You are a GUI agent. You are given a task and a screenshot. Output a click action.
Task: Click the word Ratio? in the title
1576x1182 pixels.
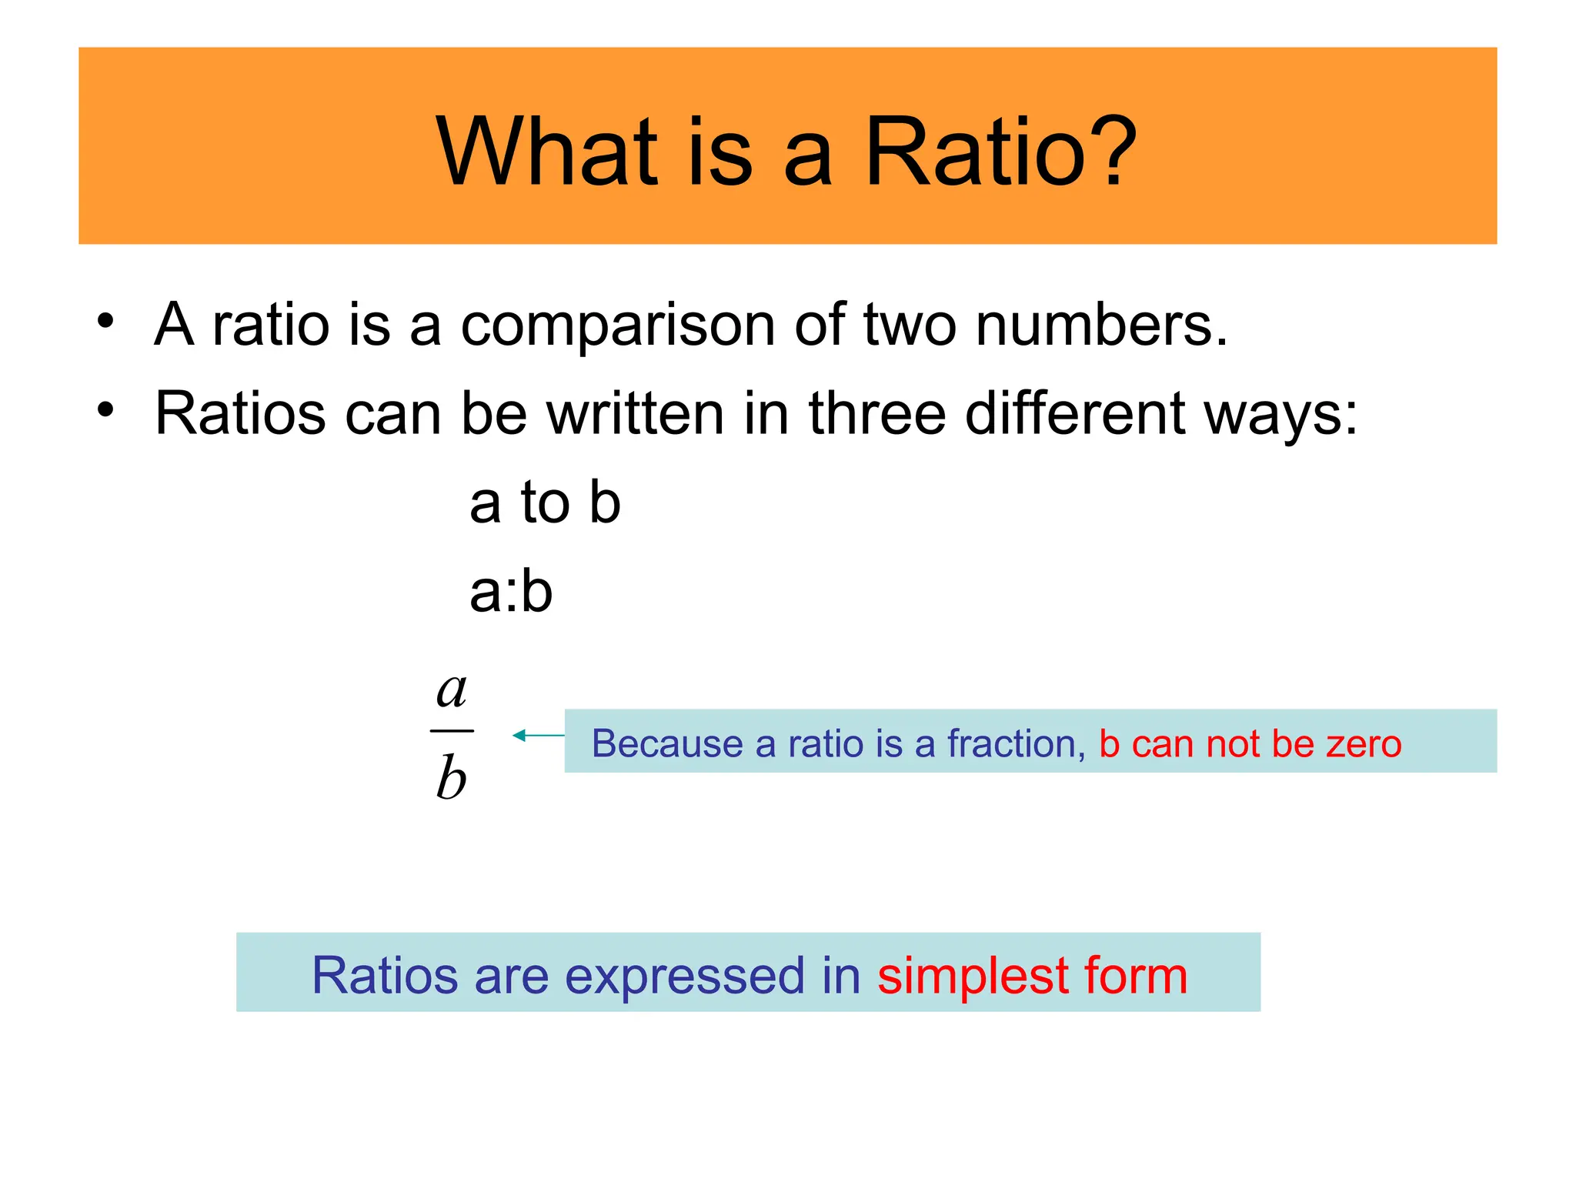pyautogui.click(x=1000, y=152)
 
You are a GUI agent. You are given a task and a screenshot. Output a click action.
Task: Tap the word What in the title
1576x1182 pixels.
pyautogui.click(x=547, y=152)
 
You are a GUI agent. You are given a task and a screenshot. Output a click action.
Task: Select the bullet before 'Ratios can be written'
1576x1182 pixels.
pyautogui.click(x=105, y=409)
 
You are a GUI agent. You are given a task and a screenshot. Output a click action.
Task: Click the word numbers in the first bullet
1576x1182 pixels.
pyautogui.click(x=1100, y=325)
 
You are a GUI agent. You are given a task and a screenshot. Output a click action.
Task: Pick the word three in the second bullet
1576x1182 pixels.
pyautogui.click(x=876, y=414)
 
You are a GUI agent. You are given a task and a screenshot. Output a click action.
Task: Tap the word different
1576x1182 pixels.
pyautogui.click(x=1074, y=414)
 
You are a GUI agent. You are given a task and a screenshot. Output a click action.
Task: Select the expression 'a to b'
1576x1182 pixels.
pyautogui.click(x=545, y=503)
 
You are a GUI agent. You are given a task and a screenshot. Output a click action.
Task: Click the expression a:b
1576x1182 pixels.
pyautogui.click(x=511, y=593)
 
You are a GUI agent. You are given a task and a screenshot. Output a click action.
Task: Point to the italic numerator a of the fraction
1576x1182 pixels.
pyautogui.click(x=452, y=690)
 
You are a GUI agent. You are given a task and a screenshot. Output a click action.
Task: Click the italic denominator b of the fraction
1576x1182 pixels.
pyautogui.click(x=452, y=777)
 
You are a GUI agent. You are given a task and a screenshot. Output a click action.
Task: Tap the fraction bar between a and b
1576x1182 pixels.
pyautogui.click(x=452, y=731)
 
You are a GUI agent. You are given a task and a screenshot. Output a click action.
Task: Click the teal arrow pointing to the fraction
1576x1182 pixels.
pyautogui.click(x=538, y=736)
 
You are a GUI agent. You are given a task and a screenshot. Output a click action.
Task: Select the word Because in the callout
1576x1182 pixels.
pyautogui.click(x=667, y=744)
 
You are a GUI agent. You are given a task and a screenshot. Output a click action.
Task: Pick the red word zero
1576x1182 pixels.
pyautogui.click(x=1364, y=744)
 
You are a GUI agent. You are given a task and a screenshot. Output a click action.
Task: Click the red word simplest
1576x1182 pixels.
pyautogui.click(x=972, y=977)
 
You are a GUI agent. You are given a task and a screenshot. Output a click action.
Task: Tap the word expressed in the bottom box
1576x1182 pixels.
pyautogui.click(x=684, y=977)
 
